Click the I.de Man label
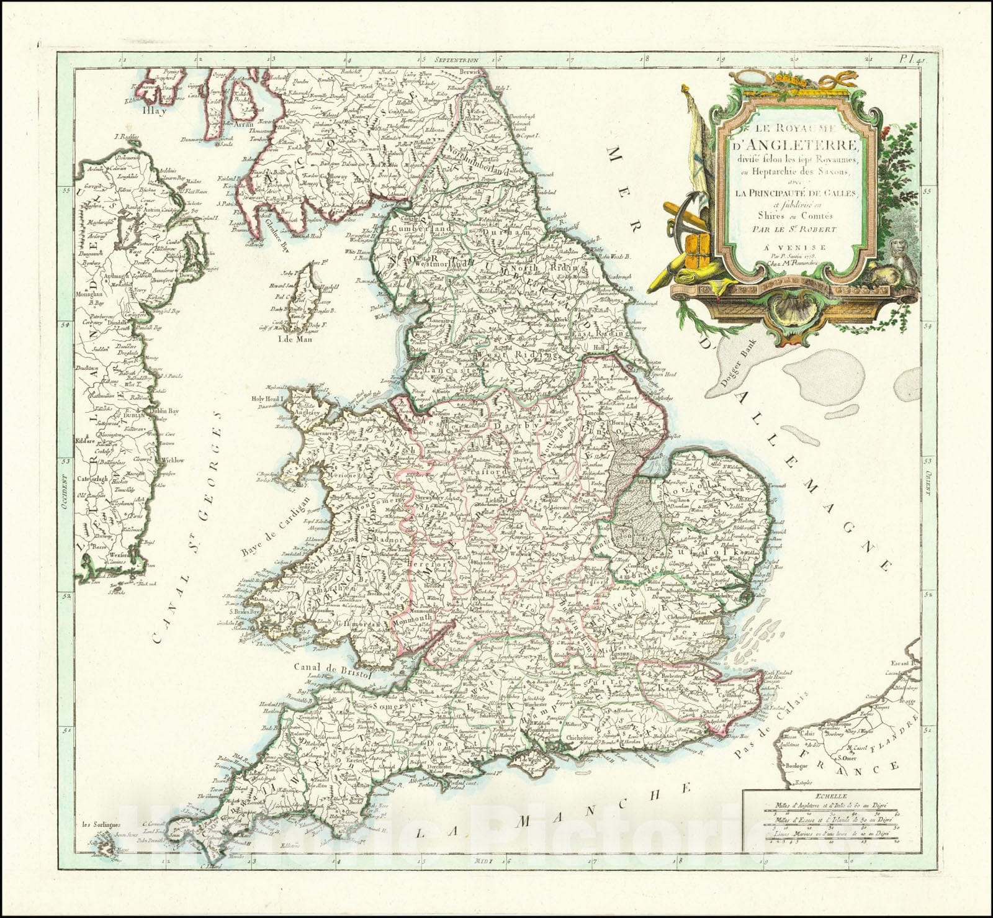coord(294,340)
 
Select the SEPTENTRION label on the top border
coord(457,60)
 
